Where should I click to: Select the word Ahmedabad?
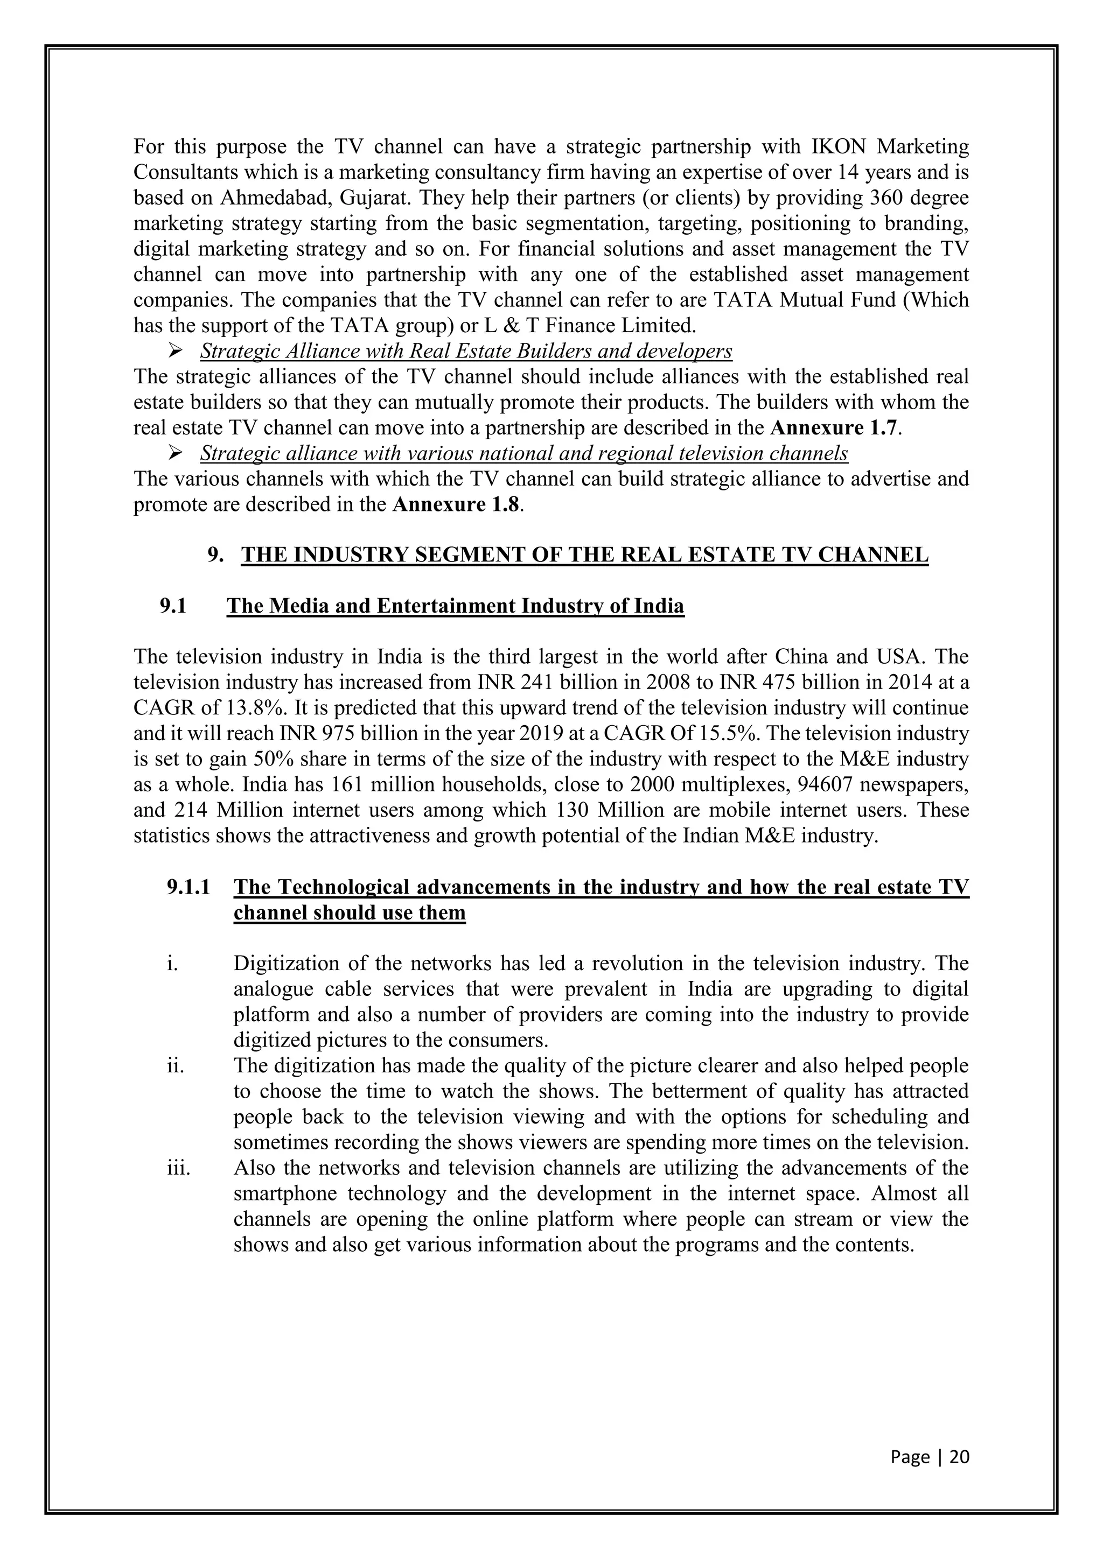pos(276,198)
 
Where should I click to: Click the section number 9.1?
pos(173,606)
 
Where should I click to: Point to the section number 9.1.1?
pos(188,887)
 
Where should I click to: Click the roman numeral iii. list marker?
pos(179,1168)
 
